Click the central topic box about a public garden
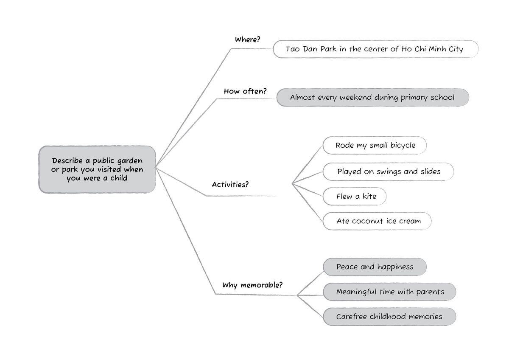point(97,169)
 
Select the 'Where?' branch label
point(247,39)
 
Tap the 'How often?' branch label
point(245,91)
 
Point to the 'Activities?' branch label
point(230,185)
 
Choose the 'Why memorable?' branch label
point(252,285)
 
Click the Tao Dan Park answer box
point(375,49)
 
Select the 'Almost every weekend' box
point(372,97)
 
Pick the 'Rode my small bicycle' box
point(375,145)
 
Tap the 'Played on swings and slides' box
point(388,172)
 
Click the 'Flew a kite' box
point(355,196)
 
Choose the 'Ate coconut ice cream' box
point(377,221)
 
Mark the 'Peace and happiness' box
point(375,267)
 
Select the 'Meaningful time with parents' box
point(389,292)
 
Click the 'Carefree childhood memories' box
point(389,317)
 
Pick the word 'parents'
point(430,292)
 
